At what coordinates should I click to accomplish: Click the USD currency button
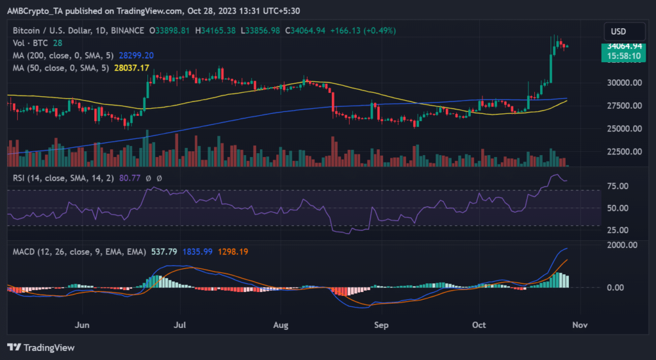point(618,31)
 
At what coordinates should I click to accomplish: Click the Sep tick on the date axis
point(381,325)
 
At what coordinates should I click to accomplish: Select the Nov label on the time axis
point(580,325)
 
